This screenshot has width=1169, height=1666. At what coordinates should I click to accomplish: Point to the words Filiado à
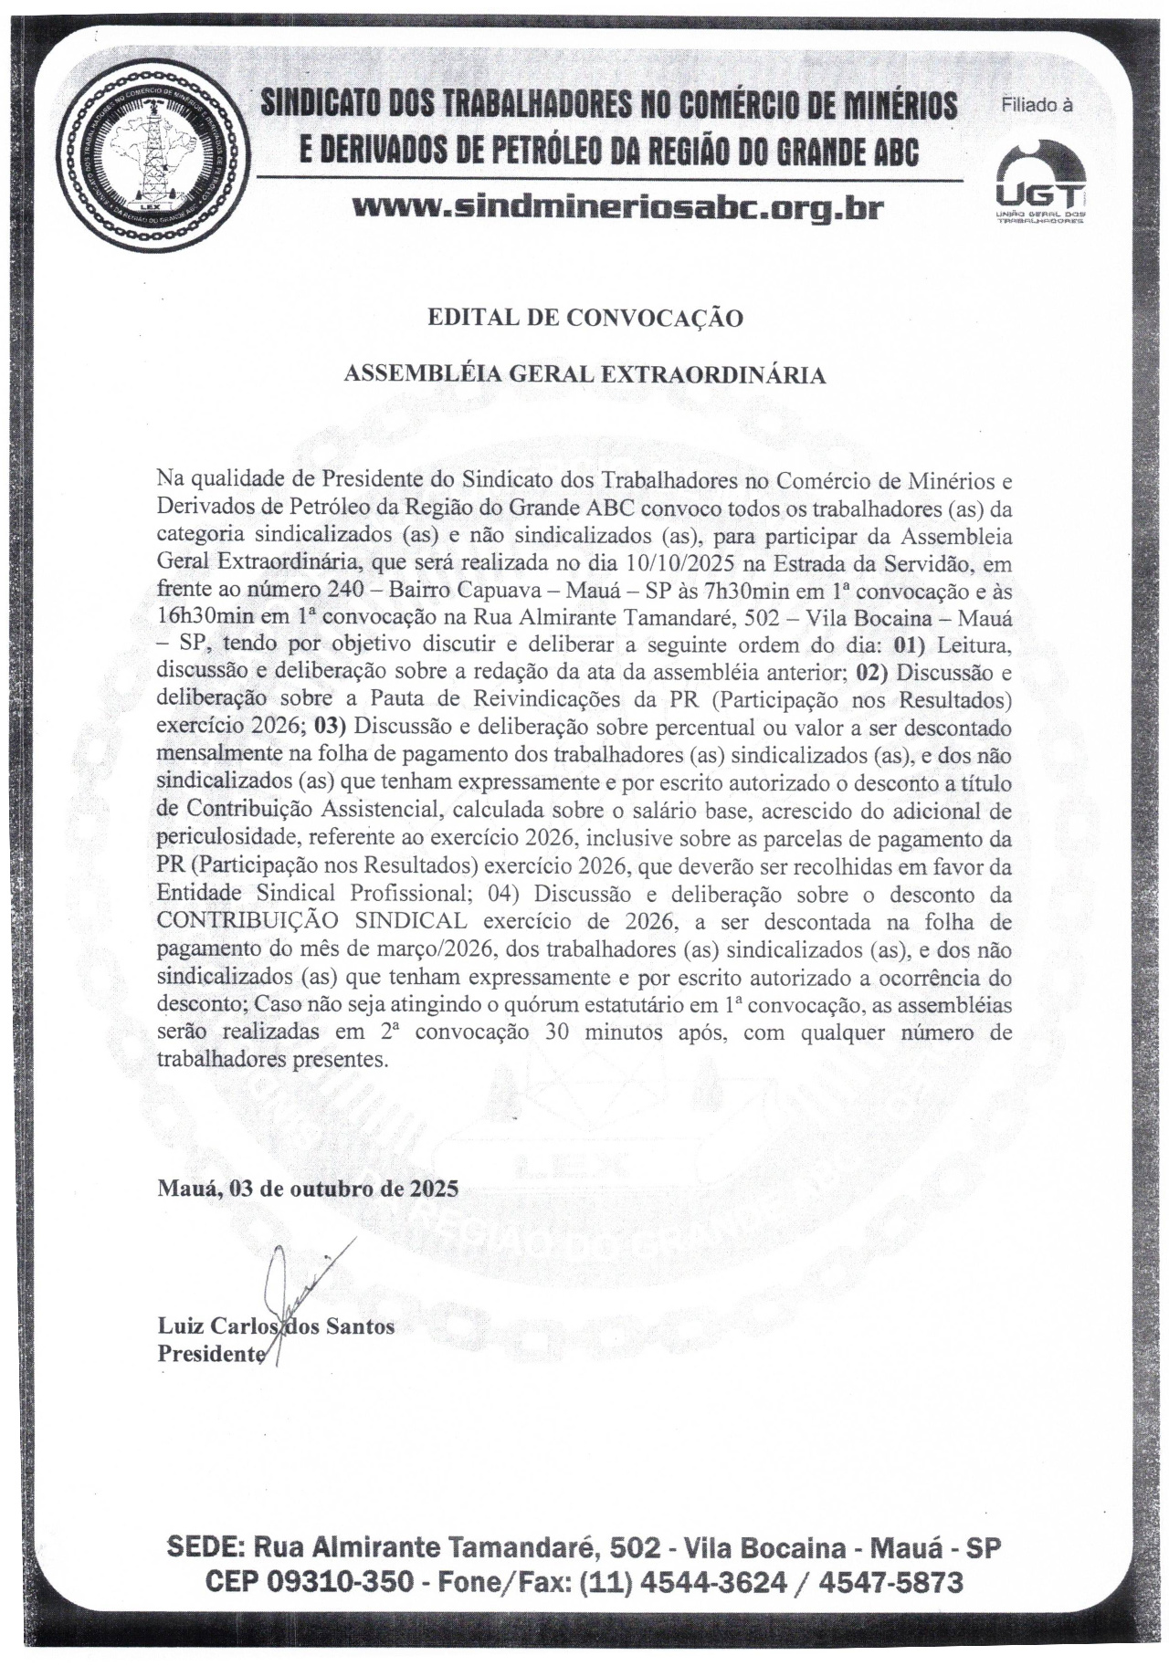(1037, 105)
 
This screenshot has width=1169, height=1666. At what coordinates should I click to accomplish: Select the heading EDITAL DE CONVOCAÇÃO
(585, 318)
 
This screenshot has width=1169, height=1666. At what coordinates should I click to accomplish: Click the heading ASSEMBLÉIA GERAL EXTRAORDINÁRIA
(584, 374)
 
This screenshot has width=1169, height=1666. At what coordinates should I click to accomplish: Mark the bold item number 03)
(331, 728)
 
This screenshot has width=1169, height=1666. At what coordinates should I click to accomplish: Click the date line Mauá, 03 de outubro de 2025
(308, 1189)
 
